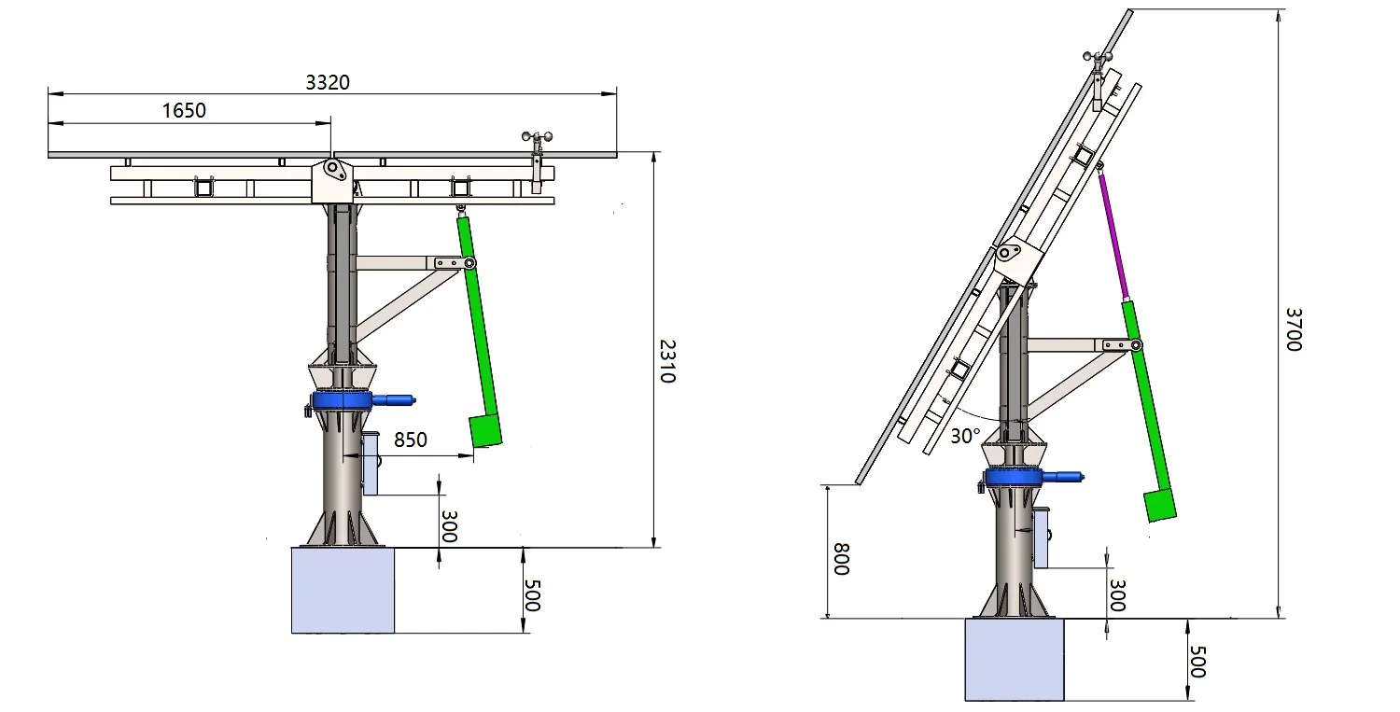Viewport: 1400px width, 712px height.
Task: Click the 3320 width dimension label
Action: pos(328,82)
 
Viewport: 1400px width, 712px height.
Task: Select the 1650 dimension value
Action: pos(184,111)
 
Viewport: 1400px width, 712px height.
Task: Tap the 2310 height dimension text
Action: pos(667,361)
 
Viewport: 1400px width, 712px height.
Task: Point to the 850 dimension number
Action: pos(411,440)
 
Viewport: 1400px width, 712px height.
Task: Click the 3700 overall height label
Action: pos(1293,329)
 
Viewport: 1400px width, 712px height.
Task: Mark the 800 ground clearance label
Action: pos(842,559)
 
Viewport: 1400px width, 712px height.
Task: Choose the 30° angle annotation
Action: pos(966,436)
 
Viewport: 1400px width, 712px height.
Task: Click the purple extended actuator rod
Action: pos(1113,231)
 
